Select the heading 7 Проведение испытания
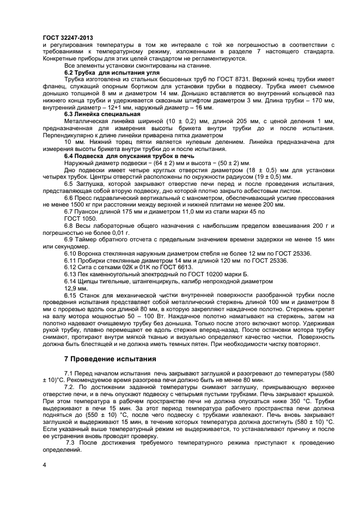110,359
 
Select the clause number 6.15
71,295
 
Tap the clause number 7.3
72,442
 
